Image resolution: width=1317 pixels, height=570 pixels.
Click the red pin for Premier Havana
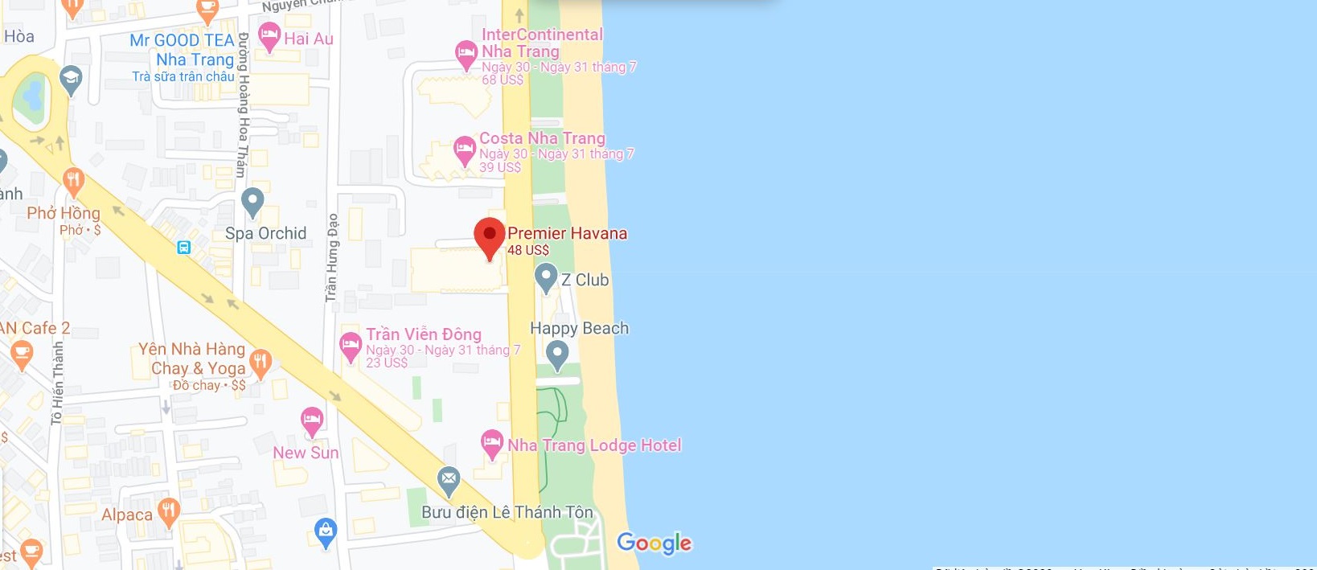490,236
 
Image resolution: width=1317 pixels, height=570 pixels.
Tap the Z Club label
585,280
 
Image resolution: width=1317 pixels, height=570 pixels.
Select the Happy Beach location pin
557,354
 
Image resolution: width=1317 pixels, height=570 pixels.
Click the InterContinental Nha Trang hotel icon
466,54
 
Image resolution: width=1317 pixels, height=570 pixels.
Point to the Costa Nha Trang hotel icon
465,149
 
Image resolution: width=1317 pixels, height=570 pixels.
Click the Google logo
654,543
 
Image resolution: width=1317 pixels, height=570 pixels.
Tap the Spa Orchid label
265,233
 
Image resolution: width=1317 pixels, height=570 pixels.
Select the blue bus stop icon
184,247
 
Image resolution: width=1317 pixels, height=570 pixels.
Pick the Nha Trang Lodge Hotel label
594,445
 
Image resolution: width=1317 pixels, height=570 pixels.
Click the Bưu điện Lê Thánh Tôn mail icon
449,480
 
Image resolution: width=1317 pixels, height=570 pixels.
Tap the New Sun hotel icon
312,420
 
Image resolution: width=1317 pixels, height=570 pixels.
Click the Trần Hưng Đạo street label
332,257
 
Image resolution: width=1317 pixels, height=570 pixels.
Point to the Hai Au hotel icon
269,35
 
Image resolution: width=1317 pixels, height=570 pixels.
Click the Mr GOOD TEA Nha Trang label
182,50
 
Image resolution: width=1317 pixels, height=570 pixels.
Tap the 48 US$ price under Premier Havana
528,250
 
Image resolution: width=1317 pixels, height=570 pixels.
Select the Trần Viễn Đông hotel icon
351,346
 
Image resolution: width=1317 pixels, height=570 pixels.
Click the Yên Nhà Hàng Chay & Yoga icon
259,362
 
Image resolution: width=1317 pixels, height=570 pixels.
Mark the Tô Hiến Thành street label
57,383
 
